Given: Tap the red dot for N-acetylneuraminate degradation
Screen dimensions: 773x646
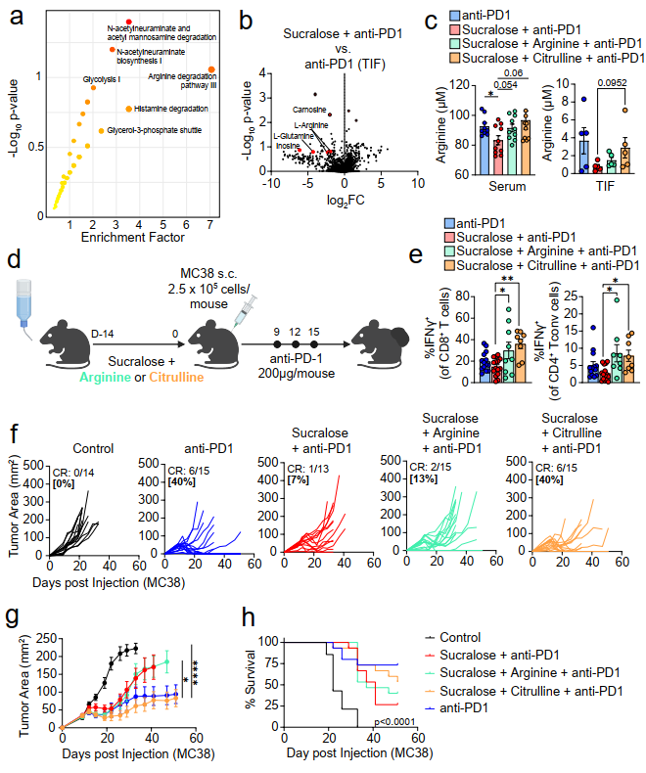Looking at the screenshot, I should point(127,23).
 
